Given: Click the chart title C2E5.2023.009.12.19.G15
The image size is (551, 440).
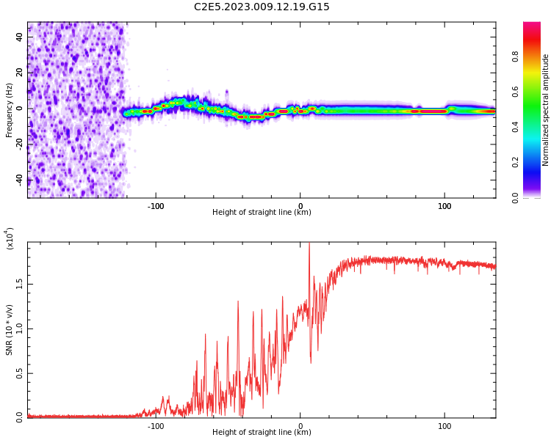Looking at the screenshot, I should coord(262,7).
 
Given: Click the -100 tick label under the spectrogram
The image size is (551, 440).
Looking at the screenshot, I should coord(155,205).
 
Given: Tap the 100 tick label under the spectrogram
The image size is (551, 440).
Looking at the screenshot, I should coord(444,205).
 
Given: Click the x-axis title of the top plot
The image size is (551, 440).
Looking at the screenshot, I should coord(262,213).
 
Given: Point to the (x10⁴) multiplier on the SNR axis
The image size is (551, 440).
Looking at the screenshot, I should coord(10,239).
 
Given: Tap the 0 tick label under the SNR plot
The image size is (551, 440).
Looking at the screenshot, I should coord(300,425).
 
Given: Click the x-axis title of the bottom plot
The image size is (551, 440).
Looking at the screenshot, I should coord(262,433).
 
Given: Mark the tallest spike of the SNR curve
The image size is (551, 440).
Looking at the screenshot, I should coord(309,245).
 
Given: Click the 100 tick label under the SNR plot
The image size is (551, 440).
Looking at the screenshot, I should coord(444,425).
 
